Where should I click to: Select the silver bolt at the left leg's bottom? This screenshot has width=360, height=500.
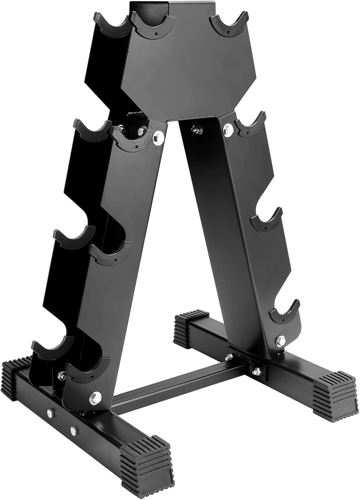94,396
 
